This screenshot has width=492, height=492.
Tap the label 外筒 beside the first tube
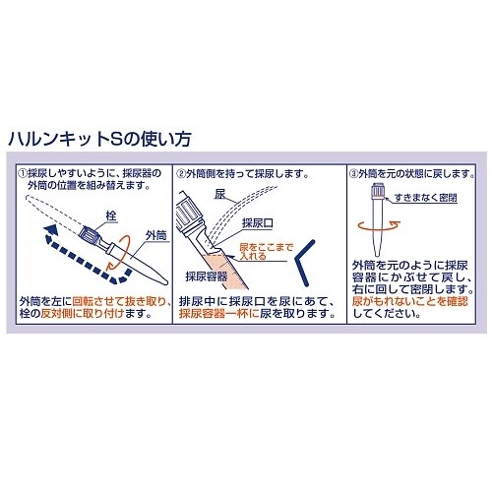click(155, 235)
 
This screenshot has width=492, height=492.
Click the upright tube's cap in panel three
click(377, 192)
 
